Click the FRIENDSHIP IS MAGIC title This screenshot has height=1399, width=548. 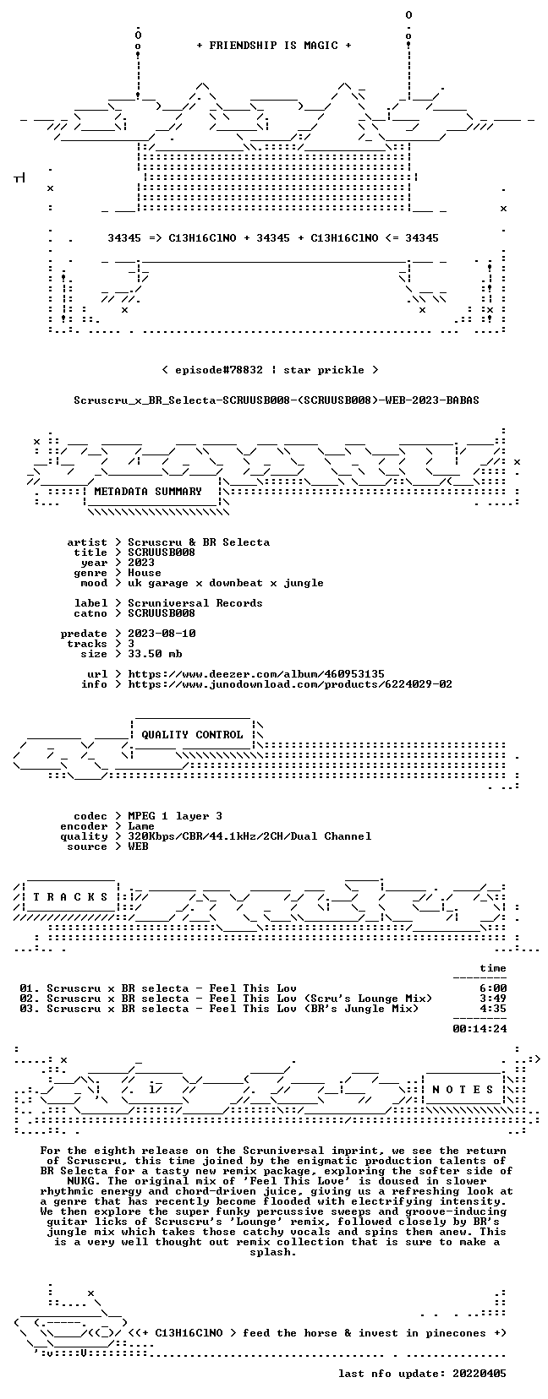click(274, 46)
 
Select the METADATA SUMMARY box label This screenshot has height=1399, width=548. click(148, 492)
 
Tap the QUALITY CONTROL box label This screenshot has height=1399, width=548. click(192, 735)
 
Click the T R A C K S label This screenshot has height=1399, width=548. click(70, 897)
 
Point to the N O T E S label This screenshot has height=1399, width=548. click(463, 1090)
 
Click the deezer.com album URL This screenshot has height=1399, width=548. click(256, 674)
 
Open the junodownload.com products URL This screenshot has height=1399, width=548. click(290, 684)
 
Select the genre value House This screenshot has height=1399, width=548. click(145, 573)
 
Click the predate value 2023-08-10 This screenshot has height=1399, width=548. click(162, 634)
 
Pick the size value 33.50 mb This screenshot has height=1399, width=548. click(155, 654)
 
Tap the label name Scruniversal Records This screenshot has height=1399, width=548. click(195, 603)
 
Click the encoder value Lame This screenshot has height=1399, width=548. click(141, 826)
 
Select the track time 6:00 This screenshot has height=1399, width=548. click(493, 988)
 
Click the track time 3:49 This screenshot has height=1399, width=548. click(493, 999)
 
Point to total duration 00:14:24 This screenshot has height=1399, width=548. click(479, 1029)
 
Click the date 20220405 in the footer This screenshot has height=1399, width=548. click(479, 1374)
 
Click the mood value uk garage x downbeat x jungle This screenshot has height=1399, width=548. click(226, 583)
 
